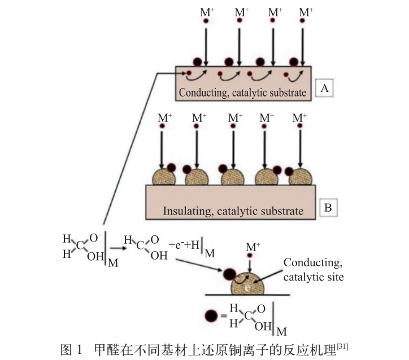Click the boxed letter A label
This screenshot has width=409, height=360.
click(324, 88)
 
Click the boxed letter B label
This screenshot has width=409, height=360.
click(328, 208)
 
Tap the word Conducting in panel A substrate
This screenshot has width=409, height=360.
click(203, 93)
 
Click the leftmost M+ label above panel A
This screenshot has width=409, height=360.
click(207, 12)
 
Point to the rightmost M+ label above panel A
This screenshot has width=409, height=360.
click(306, 12)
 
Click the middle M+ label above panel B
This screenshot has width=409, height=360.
click(235, 118)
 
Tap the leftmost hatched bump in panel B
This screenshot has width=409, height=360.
click(164, 177)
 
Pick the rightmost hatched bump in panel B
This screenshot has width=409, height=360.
click(301, 177)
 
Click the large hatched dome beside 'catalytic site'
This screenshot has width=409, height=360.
click(248, 284)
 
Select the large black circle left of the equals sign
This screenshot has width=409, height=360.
click(211, 316)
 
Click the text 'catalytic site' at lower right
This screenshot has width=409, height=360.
click(314, 277)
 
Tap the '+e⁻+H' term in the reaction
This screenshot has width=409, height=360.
click(184, 245)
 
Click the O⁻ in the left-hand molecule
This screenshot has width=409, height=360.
click(95, 238)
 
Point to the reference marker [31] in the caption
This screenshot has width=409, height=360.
click(342, 346)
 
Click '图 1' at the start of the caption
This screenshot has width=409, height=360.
click(71, 350)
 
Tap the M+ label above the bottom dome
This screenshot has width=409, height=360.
click(253, 247)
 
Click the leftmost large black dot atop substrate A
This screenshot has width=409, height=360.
click(198, 62)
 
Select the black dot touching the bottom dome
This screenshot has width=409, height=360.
click(229, 274)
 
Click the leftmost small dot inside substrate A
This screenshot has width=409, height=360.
click(189, 73)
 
